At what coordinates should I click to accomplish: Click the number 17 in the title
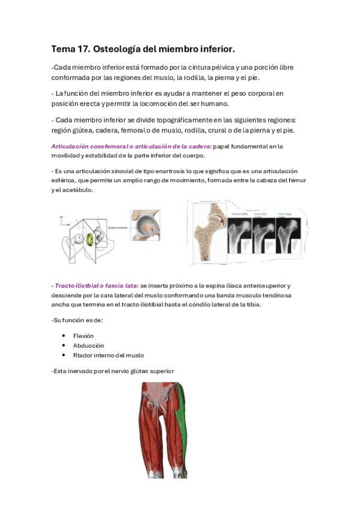click(88, 48)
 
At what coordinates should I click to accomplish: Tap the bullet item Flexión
click(83, 336)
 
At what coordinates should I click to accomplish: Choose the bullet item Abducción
click(88, 345)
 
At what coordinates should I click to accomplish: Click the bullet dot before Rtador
click(64, 355)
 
